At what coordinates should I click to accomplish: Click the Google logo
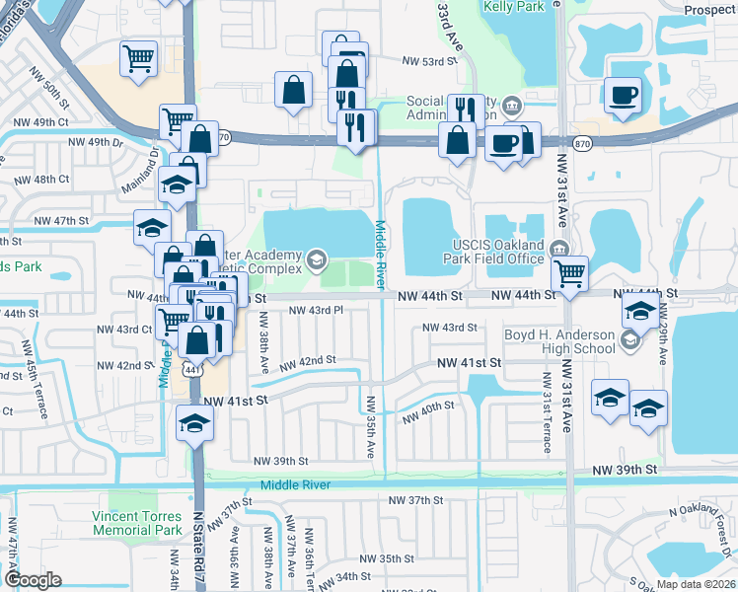coord(33,579)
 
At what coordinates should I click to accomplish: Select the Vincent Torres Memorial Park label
coord(137,523)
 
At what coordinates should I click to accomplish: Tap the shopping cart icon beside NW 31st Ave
coord(569,272)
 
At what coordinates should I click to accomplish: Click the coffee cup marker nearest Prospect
coord(622,97)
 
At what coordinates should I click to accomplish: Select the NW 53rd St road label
coord(431,60)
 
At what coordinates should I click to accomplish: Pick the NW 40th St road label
coord(428,407)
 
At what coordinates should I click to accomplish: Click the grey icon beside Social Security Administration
coord(512,105)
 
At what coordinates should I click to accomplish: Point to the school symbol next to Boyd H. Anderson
coord(628,340)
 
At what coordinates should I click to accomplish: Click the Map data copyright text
coord(694,583)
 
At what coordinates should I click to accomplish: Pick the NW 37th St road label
coord(415,500)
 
